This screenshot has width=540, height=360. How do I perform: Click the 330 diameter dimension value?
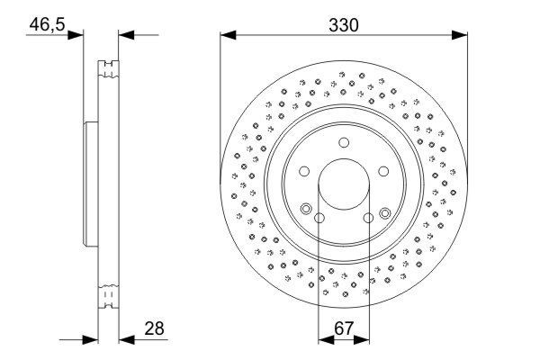[x=344, y=25]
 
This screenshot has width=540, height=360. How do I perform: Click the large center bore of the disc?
[x=344, y=184]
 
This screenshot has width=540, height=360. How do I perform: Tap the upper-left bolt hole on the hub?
[x=304, y=171]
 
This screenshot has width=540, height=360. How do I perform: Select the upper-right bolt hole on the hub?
[x=383, y=171]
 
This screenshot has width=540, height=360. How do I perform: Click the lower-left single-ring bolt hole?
[x=319, y=218]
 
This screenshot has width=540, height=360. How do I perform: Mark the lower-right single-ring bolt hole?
[x=368, y=218]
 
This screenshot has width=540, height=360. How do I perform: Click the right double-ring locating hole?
[x=384, y=212]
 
